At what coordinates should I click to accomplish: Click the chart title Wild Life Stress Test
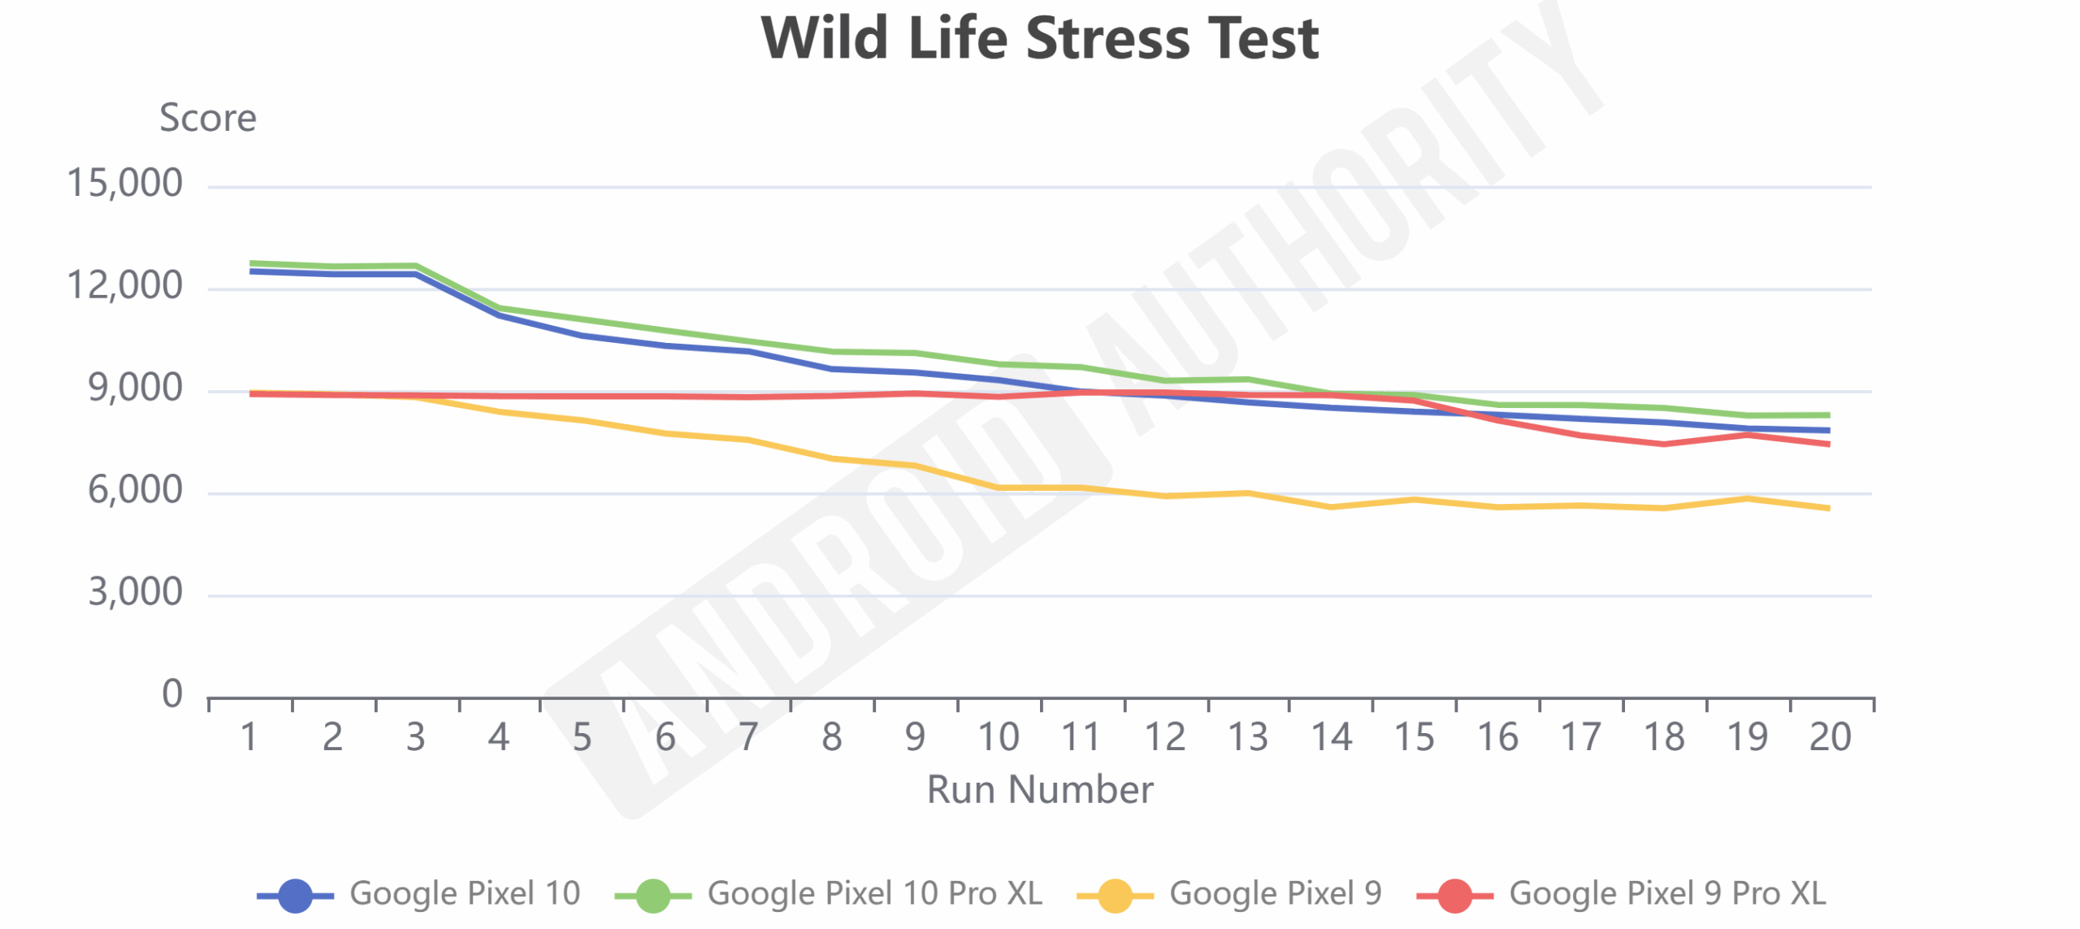1039,38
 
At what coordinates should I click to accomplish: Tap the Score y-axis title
208,118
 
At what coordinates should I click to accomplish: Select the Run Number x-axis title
1040,789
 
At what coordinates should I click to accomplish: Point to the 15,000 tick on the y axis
124,184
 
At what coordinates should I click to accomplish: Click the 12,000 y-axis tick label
124,286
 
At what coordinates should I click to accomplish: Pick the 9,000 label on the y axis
135,389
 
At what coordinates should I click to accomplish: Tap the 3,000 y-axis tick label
135,593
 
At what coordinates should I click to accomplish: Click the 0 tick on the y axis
172,694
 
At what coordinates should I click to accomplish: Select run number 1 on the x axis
249,737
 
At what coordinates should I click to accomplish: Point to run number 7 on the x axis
748,737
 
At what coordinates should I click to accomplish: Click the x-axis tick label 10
998,737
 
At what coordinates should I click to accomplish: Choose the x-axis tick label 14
1331,737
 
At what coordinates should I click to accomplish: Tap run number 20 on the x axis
1830,737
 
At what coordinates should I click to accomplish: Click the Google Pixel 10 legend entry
465,893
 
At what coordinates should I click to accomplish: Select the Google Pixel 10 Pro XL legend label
874,893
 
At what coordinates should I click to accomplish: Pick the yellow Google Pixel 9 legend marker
1115,896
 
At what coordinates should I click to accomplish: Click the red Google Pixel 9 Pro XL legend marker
1454,896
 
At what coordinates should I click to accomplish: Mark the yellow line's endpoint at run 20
1828,508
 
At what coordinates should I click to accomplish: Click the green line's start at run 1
251,263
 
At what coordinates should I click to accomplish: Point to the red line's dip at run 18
1664,444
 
